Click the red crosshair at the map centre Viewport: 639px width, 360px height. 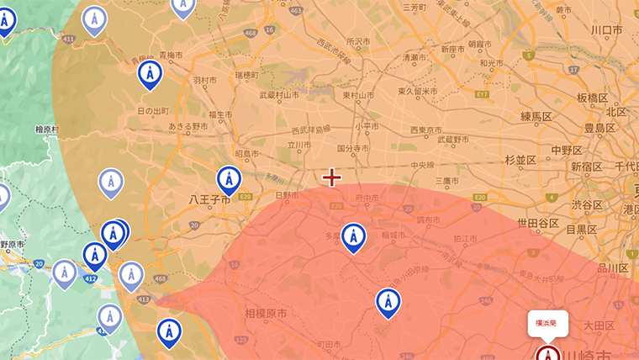point(332,177)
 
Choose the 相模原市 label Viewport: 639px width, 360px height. point(266,313)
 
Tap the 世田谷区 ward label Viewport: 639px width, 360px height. point(538,223)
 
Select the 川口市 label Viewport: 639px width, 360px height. point(605,30)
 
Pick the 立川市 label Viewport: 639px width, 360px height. point(298,145)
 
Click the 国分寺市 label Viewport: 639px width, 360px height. point(353,148)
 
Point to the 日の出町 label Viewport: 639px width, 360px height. point(153,111)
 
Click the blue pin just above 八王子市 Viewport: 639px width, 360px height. point(229,179)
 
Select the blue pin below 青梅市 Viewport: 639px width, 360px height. point(151,75)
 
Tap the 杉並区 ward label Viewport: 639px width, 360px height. point(520,160)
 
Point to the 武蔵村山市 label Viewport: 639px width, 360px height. point(279,95)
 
